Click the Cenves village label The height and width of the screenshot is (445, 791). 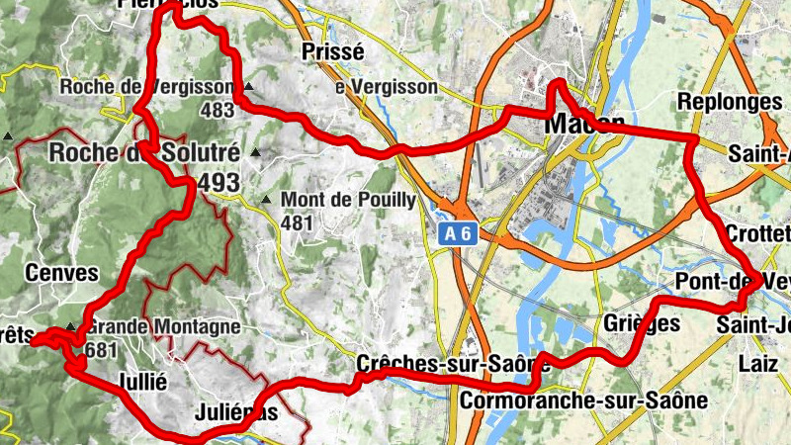(x=63, y=273)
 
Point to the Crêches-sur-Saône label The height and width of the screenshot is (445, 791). (x=426, y=363)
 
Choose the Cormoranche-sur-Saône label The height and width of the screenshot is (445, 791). (x=583, y=400)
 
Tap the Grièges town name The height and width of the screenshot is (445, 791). (x=641, y=323)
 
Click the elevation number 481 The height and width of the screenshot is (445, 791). (x=296, y=223)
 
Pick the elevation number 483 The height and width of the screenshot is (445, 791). (x=217, y=111)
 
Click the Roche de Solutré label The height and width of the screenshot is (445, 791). (x=144, y=153)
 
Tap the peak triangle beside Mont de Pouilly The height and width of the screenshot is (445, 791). (x=265, y=201)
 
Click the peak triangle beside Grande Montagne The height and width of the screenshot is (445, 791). (x=70, y=327)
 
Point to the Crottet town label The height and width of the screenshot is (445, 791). (x=758, y=232)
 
